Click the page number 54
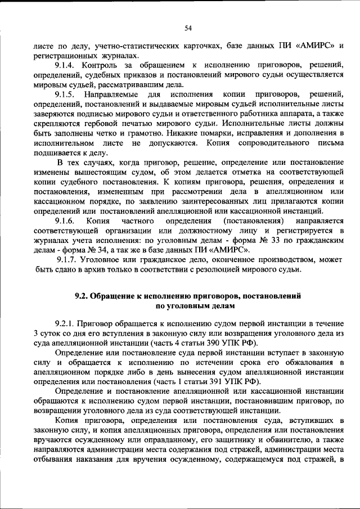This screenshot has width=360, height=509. click(188, 28)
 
